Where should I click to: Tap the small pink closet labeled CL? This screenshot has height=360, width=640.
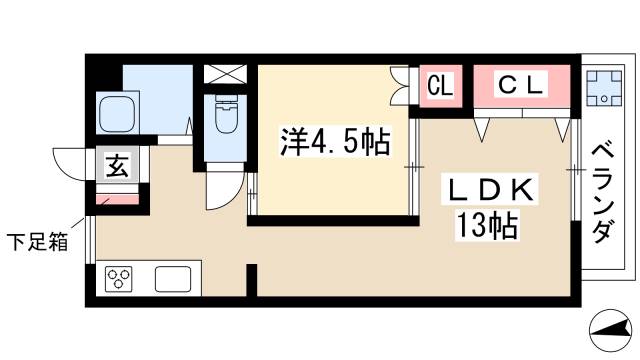[440, 86]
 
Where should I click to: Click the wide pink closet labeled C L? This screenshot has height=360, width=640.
[521, 86]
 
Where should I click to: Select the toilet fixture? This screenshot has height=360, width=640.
[225, 118]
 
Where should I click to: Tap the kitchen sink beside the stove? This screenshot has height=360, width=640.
[175, 277]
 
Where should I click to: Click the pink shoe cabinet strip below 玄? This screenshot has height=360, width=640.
[117, 200]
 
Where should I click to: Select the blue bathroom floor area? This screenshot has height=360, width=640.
[160, 95]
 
